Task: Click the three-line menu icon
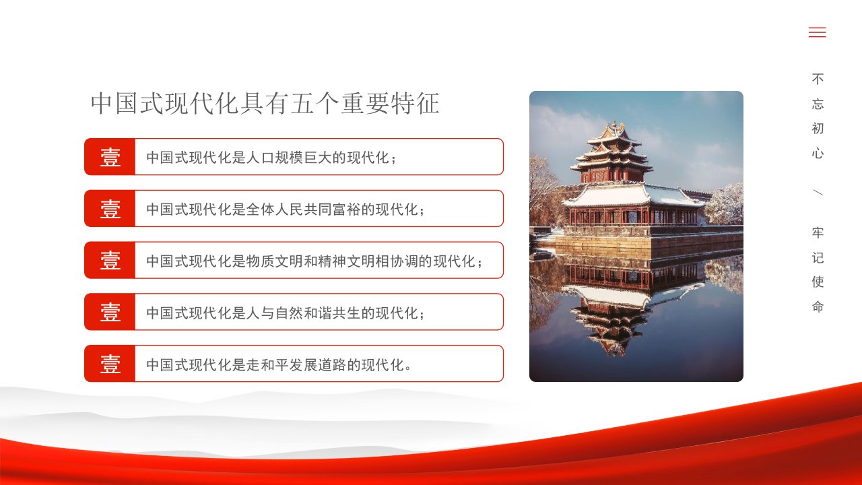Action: (x=817, y=32)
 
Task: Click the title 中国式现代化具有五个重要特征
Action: (x=265, y=103)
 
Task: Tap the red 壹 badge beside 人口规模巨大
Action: (x=110, y=157)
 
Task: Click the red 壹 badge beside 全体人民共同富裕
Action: (x=110, y=208)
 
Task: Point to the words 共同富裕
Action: (x=332, y=209)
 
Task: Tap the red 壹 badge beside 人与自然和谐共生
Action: (x=110, y=312)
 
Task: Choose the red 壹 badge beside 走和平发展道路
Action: (x=110, y=363)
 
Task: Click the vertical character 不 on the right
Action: (x=818, y=79)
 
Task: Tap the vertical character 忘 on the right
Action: (x=818, y=104)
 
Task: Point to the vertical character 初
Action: (x=818, y=128)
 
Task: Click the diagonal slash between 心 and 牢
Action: (x=818, y=192)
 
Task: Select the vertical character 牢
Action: (x=818, y=232)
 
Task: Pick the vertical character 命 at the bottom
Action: (x=818, y=306)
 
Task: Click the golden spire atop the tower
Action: (x=615, y=125)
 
